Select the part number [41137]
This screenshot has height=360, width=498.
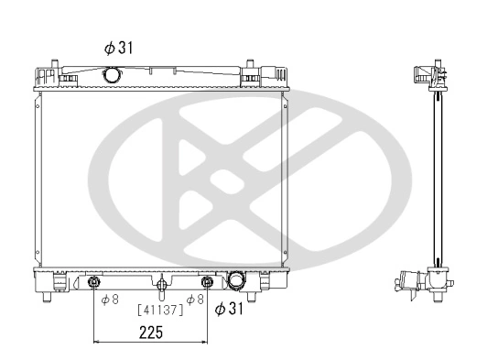tap(160, 309)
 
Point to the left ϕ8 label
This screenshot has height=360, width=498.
tap(110, 299)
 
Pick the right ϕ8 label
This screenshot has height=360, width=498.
tap(194, 299)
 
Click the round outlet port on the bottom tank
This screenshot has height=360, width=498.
tap(238, 280)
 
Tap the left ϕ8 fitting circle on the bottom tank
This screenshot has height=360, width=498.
tap(95, 282)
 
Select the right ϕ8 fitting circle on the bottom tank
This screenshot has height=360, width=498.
tap(208, 282)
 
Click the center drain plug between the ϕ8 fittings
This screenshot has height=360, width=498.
tap(160, 282)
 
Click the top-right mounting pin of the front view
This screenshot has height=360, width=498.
tap(249, 66)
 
